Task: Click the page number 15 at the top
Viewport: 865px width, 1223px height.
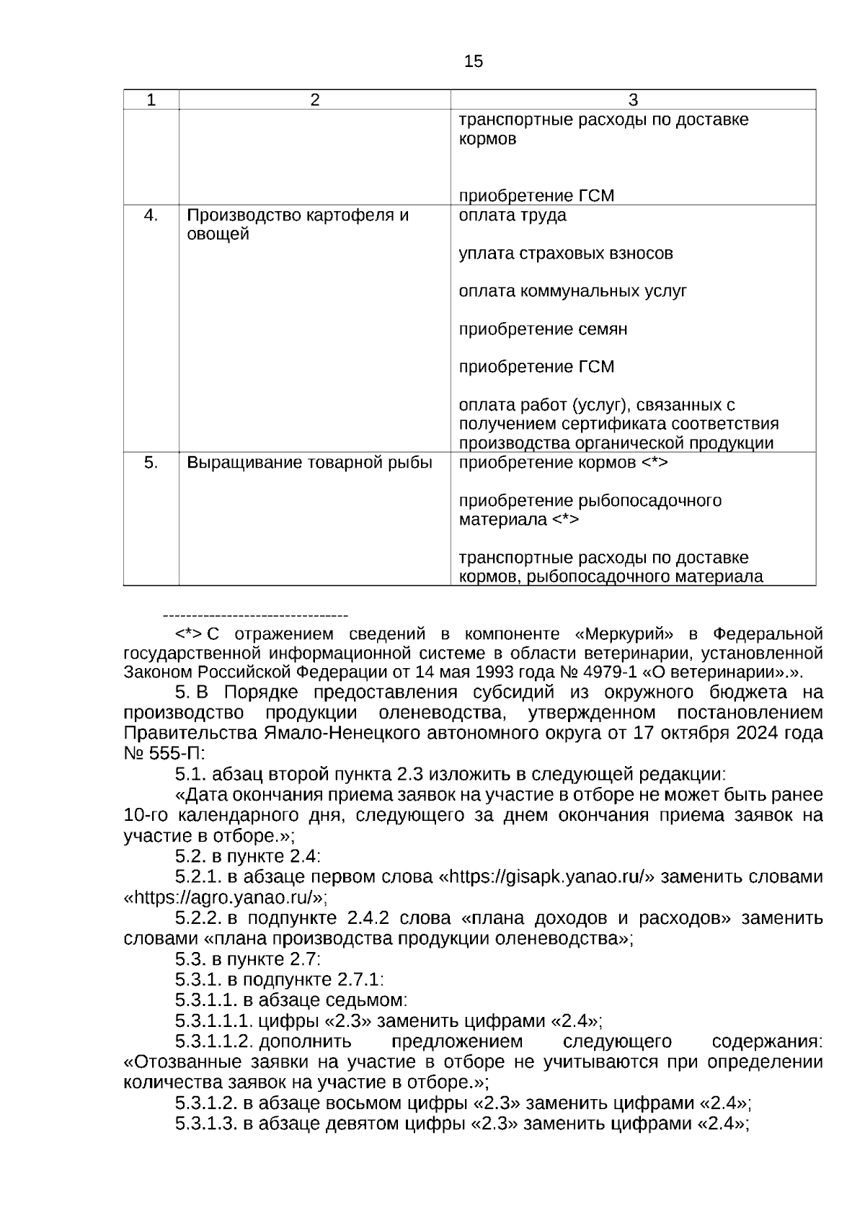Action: [474, 62]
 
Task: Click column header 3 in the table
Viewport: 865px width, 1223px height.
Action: [633, 100]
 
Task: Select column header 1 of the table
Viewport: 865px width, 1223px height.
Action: [151, 100]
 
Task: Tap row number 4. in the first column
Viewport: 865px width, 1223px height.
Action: [151, 215]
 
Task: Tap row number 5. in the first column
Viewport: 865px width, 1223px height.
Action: [151, 463]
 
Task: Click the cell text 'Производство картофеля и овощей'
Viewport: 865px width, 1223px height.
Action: [298, 225]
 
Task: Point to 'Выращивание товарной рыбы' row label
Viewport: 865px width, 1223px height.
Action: [309, 463]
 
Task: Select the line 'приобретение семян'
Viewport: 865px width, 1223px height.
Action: [543, 329]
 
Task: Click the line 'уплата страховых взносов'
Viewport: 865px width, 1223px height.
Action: [566, 254]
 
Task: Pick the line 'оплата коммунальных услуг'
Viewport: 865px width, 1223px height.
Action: [572, 291]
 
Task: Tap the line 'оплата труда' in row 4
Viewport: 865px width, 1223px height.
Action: [513, 215]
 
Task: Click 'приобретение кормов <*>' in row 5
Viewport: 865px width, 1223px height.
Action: [563, 463]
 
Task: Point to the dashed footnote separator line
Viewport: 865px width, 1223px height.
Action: [256, 615]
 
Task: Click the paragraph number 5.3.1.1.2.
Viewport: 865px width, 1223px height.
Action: [213, 1041]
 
